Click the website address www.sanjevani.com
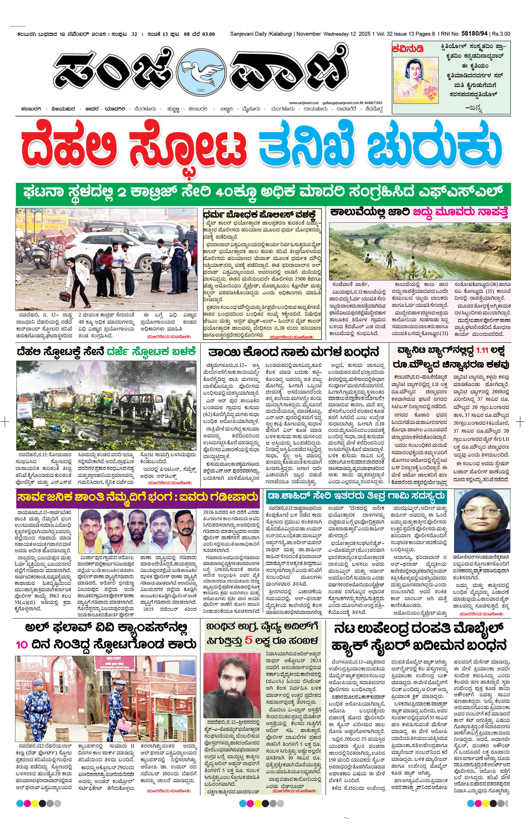pyautogui.click(x=304, y=103)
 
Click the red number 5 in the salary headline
pyautogui.click(x=249, y=641)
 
